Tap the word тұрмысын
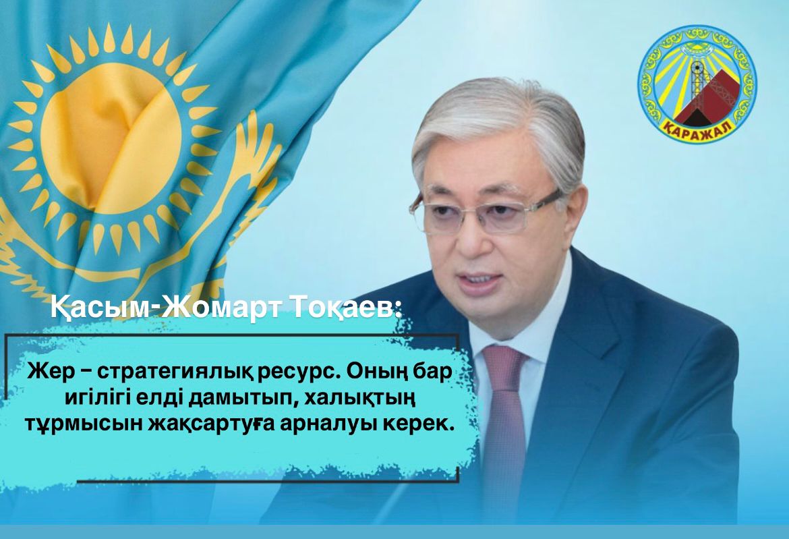(84, 426)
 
